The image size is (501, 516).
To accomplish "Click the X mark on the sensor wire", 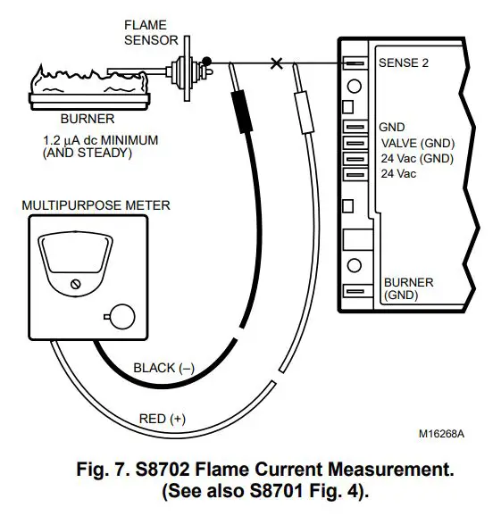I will (x=277, y=63).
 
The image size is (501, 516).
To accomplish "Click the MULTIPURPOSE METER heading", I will (x=95, y=205).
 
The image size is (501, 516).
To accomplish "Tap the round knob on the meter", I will (x=120, y=315).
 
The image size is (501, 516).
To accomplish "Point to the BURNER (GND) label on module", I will (x=407, y=288).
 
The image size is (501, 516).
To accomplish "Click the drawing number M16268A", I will (x=441, y=434).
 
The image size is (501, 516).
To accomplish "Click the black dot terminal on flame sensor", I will (x=206, y=62).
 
